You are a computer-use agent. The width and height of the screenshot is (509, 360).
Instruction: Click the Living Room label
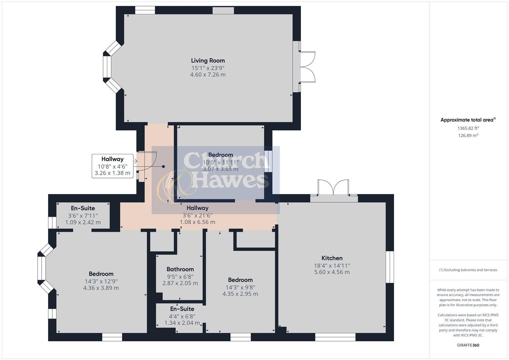click(208, 60)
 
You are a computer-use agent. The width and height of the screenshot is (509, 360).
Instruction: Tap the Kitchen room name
click(332, 258)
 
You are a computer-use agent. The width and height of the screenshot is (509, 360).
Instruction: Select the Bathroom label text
click(180, 269)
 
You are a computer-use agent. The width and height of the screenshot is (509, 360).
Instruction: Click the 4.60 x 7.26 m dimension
click(208, 75)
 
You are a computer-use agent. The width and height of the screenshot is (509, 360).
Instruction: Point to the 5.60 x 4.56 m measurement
click(332, 272)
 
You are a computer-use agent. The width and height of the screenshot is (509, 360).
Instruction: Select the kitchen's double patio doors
click(333, 188)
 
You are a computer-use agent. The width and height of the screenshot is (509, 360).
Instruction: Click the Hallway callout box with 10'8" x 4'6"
click(112, 166)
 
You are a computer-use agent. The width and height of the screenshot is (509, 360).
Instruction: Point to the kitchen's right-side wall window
click(390, 267)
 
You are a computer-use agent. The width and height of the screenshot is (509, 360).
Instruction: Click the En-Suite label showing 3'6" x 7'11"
click(83, 208)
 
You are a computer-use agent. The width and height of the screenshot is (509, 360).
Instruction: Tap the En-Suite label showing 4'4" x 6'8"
click(182, 309)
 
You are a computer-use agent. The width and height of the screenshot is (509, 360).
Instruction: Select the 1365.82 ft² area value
click(468, 128)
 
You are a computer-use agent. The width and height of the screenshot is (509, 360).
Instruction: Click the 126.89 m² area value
click(468, 135)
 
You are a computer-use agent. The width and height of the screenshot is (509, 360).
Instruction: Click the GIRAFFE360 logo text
click(468, 345)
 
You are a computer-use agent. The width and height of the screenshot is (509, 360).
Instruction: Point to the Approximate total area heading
click(468, 120)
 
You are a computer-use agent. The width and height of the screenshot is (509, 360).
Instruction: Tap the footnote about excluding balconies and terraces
click(468, 270)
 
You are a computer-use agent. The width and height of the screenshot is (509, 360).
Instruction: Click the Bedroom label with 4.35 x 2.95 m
click(240, 280)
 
